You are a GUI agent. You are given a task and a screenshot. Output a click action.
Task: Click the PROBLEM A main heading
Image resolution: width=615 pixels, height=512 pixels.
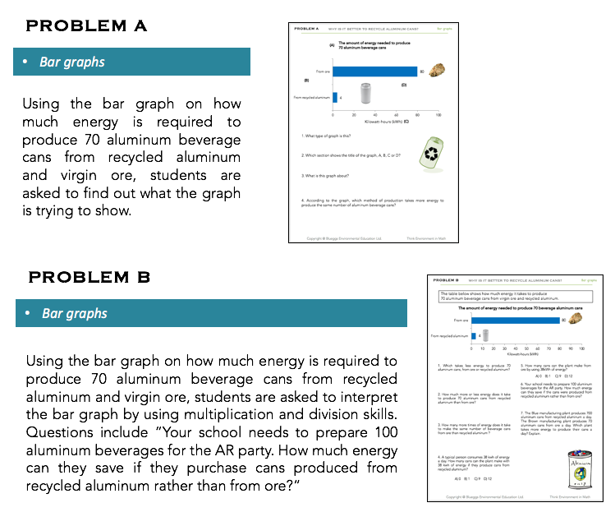pyautogui.click(x=87, y=25)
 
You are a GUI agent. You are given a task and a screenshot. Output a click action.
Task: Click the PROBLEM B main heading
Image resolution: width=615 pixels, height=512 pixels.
pyautogui.click(x=89, y=277)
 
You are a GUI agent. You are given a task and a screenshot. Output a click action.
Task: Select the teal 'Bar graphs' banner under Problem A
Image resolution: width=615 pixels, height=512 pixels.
pyautogui.click(x=131, y=62)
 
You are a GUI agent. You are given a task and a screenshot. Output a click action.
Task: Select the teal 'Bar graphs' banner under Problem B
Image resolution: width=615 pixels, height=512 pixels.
pyautogui.click(x=211, y=313)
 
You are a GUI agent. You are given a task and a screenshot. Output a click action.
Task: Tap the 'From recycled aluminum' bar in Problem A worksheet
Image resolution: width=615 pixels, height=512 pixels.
pyautogui.click(x=335, y=97)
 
